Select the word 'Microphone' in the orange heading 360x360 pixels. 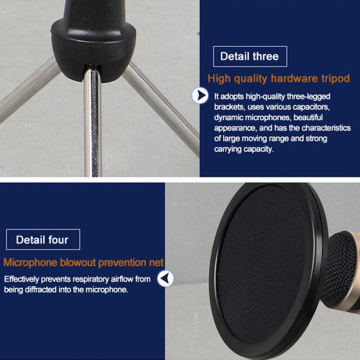click(x=30, y=262)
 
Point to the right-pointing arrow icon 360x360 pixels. click(x=200, y=95)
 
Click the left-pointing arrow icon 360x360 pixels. click(x=165, y=279)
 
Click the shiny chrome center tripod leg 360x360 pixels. click(x=92, y=123)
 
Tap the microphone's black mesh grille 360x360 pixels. click(x=340, y=270)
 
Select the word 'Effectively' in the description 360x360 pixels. click(x=22, y=279)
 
